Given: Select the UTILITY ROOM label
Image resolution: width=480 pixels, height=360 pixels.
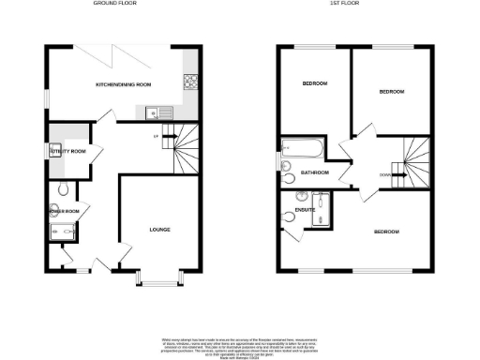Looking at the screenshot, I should point(67,151).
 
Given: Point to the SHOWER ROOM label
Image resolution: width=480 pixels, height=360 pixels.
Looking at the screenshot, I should point(65,211).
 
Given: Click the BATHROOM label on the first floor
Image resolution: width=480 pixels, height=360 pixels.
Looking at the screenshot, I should point(314,172).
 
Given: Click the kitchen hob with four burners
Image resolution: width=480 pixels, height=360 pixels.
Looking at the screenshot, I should point(191,82).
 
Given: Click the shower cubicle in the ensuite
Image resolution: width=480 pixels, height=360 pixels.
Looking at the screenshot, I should point(321,209).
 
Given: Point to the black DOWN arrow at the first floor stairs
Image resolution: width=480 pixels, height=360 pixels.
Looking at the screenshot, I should point(401,173).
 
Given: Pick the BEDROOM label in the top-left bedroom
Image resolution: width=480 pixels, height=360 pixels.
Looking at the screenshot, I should point(314,84).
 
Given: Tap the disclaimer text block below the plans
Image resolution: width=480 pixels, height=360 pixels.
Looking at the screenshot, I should point(241,342).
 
